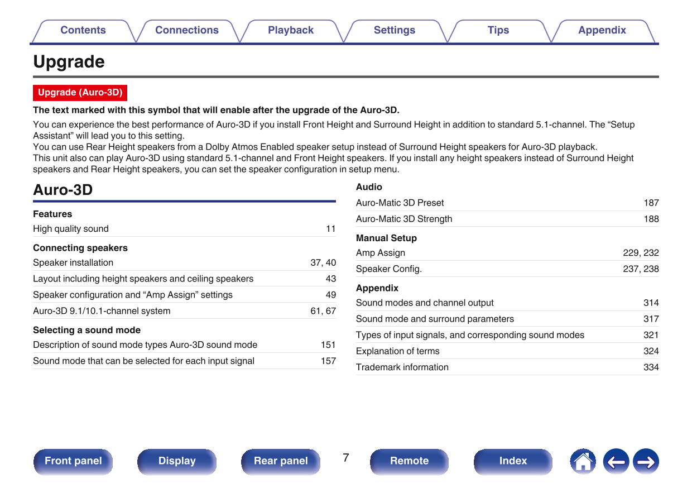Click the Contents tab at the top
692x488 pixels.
(83, 31)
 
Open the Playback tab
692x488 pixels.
(290, 31)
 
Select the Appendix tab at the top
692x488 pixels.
(602, 31)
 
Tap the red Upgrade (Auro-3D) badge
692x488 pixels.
(80, 93)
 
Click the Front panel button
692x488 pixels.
(73, 461)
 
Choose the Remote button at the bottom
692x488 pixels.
(409, 461)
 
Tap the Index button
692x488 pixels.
(512, 461)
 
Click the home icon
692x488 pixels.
(583, 462)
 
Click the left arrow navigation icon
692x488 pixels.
(616, 462)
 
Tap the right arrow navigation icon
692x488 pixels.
(646, 462)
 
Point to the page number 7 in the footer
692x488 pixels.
(346, 458)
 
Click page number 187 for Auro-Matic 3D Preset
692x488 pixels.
(651, 203)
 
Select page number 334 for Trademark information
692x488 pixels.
(651, 367)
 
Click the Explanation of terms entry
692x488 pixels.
(397, 351)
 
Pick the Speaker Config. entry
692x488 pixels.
(388, 269)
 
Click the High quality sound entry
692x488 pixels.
(71, 229)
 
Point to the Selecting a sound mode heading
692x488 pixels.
(86, 330)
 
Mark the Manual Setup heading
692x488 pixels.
(386, 238)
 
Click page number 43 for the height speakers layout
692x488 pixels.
(330, 279)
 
